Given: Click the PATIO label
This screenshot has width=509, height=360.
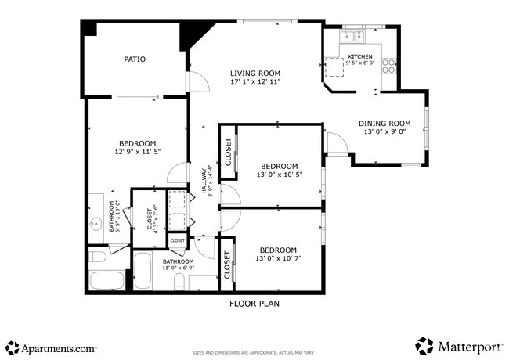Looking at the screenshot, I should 135,59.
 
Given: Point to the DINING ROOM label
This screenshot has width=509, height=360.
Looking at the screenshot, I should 384,123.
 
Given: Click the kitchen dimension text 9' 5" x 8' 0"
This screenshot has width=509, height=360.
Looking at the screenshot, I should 361,63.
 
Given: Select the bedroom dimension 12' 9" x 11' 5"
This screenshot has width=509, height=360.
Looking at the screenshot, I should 135,153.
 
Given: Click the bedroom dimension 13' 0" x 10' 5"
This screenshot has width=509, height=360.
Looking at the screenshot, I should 279,175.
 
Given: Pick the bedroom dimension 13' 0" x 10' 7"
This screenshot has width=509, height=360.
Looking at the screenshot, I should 279,258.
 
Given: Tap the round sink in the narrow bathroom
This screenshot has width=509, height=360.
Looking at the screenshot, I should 96,223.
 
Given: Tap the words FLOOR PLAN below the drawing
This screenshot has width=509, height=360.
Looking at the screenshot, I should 254,304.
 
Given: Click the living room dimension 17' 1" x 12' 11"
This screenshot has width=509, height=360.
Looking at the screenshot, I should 254,81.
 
